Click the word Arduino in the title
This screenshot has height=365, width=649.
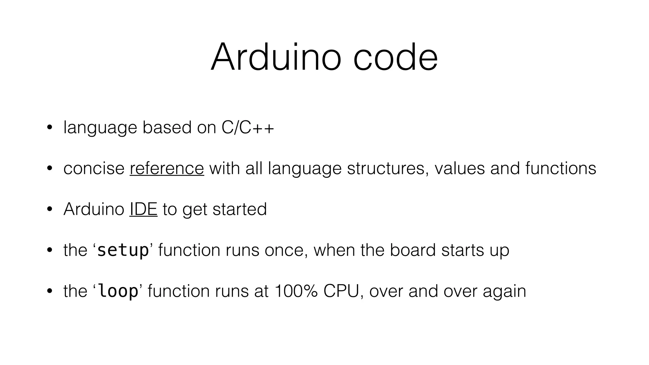tap(276, 58)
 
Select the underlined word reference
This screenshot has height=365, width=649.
tap(167, 168)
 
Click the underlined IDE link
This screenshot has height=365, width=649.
tap(143, 209)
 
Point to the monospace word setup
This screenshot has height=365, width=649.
tap(123, 250)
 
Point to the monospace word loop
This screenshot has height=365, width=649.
tap(118, 291)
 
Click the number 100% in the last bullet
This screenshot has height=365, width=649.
tap(296, 291)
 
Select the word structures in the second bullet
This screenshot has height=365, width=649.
tap(385, 168)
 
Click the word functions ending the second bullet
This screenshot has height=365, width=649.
tap(560, 168)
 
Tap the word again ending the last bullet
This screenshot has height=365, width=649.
tap(504, 291)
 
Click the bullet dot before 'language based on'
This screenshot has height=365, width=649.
tap(49, 128)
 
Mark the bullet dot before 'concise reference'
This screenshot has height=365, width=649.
tap(49, 169)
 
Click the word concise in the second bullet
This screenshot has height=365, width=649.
tap(94, 168)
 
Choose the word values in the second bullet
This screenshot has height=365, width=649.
tap(459, 168)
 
